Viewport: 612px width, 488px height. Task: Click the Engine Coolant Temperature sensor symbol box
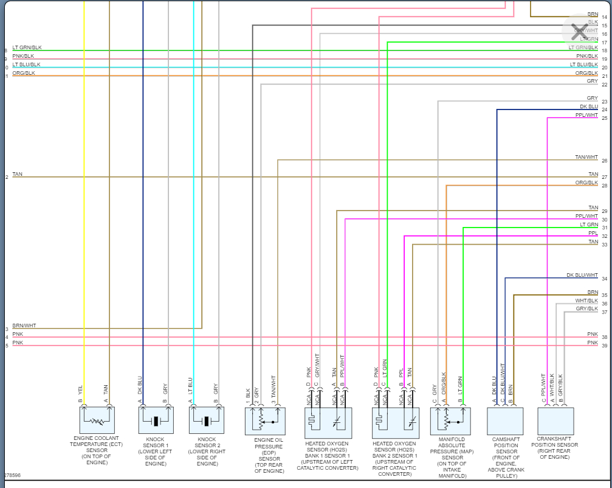97,420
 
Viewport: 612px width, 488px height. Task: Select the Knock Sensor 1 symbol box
156,420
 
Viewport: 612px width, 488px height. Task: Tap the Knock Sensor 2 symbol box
207,420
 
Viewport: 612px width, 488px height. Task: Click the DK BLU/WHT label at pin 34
582,275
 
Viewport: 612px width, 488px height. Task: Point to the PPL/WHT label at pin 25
586,115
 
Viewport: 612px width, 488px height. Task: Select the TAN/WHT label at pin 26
586,157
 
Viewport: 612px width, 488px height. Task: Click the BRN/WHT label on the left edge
24,326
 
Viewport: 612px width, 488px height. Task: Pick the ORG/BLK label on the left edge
24,73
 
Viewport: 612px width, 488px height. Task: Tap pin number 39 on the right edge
604,346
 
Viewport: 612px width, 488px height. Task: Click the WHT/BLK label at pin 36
586,301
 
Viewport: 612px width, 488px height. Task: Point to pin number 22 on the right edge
604,85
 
